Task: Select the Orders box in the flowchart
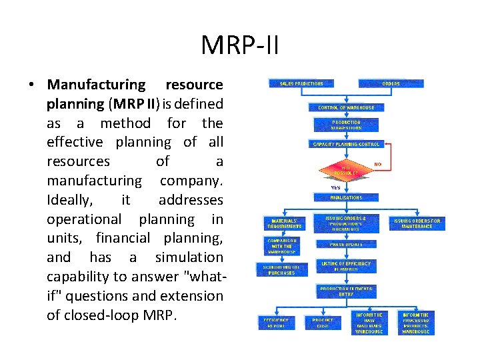pos(391,83)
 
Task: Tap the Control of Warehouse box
pos(346,107)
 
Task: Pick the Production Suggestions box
pos(346,125)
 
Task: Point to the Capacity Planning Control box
pos(346,144)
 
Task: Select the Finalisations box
pos(346,197)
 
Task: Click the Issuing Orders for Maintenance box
pos(417,223)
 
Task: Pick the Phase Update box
pos(346,244)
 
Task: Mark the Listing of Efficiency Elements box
pos(346,266)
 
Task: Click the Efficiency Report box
pos(277,323)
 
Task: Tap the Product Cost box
pos(323,323)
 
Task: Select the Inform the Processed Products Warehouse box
pos(417,323)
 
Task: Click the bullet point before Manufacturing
pos(31,85)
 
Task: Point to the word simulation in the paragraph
pos(189,257)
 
